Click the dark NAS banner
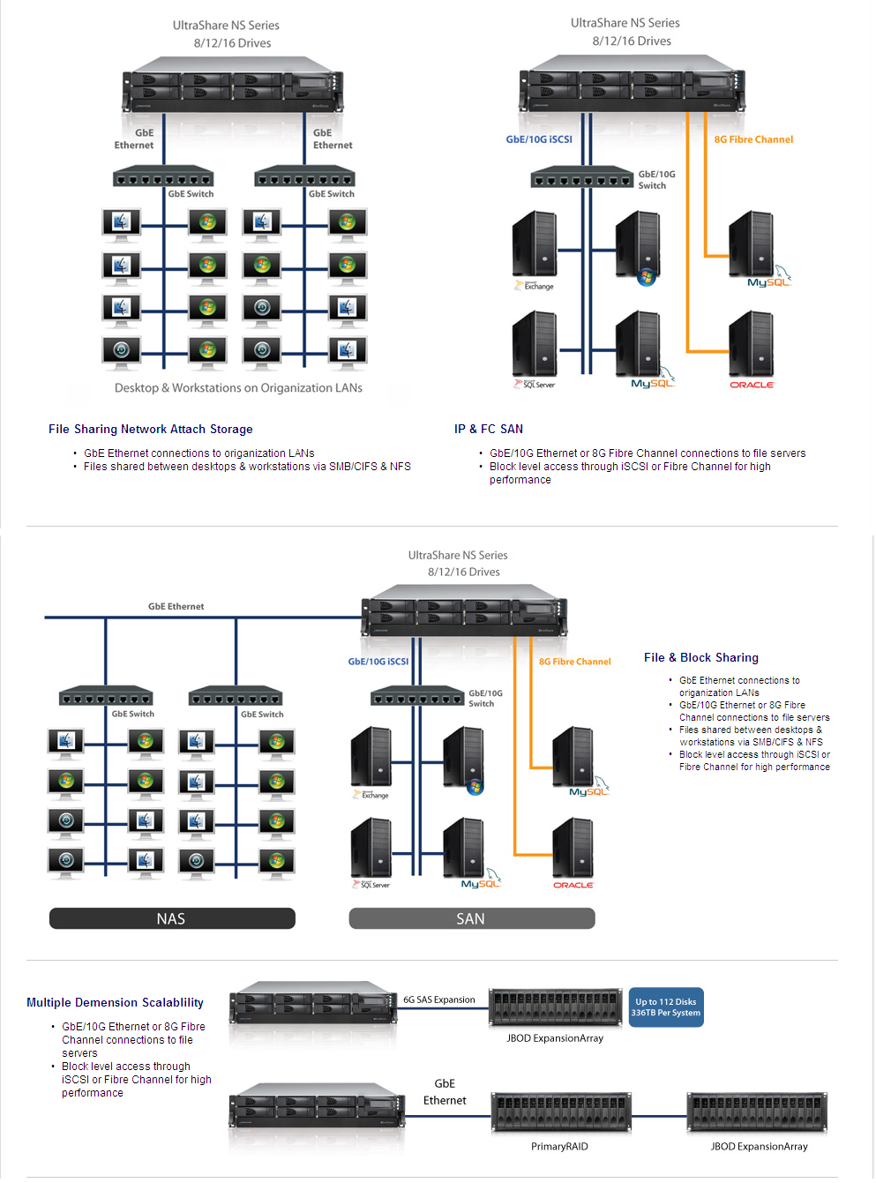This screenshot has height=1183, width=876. click(x=172, y=918)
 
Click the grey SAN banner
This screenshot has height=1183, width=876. click(x=471, y=918)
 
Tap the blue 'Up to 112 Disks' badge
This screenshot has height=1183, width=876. click(x=665, y=1007)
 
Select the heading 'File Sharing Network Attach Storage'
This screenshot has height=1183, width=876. click(x=151, y=429)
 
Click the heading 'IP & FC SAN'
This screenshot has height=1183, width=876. click(x=488, y=429)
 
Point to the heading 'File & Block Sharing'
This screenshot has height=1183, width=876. click(x=700, y=657)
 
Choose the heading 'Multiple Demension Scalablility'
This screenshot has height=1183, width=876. click(x=115, y=1002)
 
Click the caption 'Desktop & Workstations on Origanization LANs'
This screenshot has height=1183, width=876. click(x=238, y=388)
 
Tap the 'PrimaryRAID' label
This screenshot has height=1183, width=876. click(x=559, y=1146)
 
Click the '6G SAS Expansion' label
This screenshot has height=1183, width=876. click(x=438, y=1000)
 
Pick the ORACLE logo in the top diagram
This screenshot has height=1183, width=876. click(x=751, y=385)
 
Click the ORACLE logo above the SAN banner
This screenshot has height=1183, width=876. click(x=573, y=885)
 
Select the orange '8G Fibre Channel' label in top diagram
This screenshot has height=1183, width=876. click(x=753, y=139)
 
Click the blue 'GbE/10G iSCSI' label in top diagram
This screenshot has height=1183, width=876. click(x=538, y=139)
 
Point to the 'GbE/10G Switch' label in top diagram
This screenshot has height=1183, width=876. click(x=656, y=180)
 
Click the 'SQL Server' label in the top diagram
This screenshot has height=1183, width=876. click(x=538, y=385)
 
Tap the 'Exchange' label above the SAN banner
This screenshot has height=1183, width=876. click(x=374, y=795)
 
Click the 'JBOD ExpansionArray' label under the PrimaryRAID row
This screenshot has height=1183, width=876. click(x=759, y=1146)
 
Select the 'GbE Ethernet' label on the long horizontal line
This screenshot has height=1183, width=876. click(x=176, y=606)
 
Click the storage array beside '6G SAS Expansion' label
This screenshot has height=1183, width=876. click(x=556, y=1007)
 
